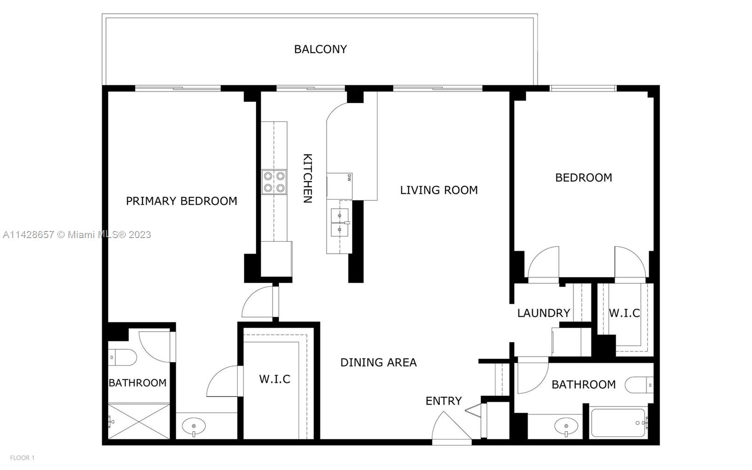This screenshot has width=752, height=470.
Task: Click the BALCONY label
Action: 320,49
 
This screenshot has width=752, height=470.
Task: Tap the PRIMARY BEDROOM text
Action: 181,201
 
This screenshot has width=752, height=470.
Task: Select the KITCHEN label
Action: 308,178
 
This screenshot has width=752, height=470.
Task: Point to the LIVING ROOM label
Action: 439,190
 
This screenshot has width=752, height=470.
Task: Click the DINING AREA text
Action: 378,362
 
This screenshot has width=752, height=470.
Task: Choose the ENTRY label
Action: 444,401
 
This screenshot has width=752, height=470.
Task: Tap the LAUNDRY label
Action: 543,313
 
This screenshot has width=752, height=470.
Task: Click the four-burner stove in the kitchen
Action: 274,182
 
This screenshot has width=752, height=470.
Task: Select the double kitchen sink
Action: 340,223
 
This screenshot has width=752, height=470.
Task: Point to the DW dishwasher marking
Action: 349,178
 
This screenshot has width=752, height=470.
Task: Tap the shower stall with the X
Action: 139,421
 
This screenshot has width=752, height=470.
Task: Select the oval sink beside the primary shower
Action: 194,427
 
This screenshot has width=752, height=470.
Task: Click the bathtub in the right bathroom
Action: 619,422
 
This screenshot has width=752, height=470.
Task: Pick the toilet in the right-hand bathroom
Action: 639,385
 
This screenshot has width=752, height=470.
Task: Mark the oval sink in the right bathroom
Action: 566,427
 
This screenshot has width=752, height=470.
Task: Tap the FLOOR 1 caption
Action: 22,458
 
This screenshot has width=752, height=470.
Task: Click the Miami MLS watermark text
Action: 77,234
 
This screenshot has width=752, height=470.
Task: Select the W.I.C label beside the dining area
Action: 274,379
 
